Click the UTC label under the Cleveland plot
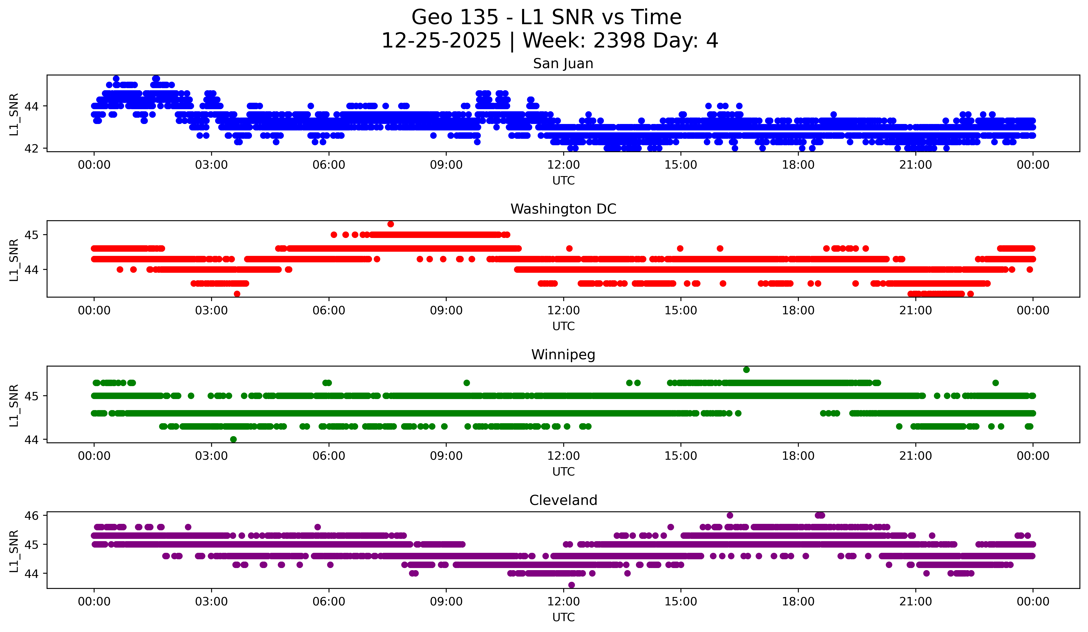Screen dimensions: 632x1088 coord(563,617)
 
